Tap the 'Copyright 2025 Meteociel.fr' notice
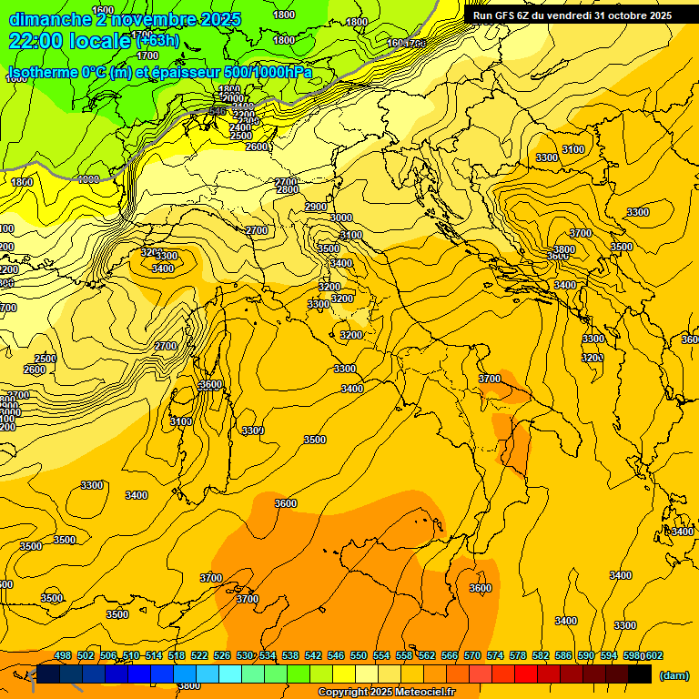pos(386,693)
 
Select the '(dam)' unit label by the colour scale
pos(674,674)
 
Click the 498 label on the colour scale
pos(63,656)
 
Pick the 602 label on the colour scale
pos(653,656)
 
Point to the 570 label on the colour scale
pos(472,656)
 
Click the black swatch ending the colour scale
pos(640,674)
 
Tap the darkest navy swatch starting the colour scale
pos(48,674)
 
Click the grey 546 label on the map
pos(216,111)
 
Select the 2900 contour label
pos(316,208)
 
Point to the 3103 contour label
pos(181,421)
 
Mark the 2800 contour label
pos(288,190)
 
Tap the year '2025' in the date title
pos(219,19)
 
